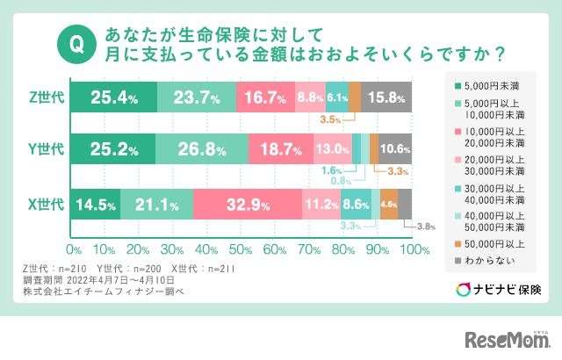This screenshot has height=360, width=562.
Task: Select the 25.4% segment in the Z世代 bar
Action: click(113, 97)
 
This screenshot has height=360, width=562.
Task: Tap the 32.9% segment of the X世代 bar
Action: click(248, 205)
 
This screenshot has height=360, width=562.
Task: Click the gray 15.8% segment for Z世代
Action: click(386, 97)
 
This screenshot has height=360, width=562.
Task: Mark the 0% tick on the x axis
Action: click(74, 249)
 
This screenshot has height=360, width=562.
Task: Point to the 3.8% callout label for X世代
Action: click(425, 227)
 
